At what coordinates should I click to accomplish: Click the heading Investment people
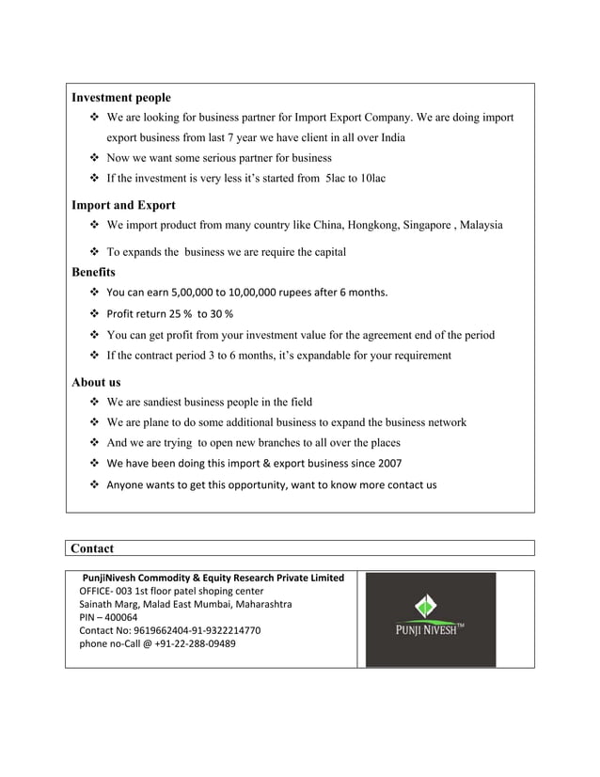121,97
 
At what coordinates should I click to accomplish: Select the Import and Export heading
123,204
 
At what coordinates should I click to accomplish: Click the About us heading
96,383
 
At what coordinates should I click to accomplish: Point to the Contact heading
92,547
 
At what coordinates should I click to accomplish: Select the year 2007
388,464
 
